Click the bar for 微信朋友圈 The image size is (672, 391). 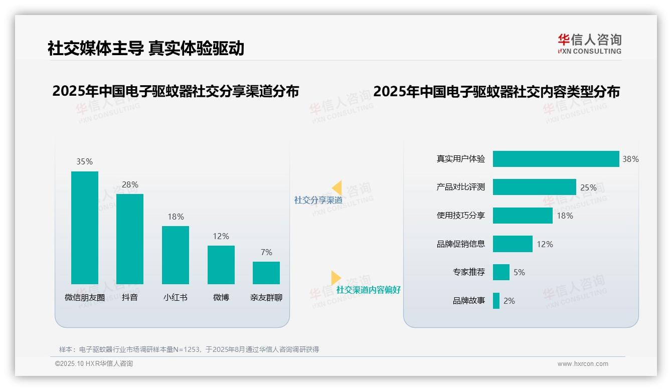(85, 228)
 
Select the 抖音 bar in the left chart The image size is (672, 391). (130, 239)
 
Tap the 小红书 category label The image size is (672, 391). (175, 297)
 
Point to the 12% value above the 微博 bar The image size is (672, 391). (221, 236)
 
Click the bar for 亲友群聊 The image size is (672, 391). (266, 273)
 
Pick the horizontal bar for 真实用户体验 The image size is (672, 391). (556, 159)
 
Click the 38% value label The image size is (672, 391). (630, 159)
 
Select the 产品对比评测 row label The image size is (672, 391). (460, 187)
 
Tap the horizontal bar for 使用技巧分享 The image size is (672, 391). (523, 216)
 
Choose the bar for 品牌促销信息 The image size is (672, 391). (513, 244)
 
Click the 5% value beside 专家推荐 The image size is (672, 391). (519, 272)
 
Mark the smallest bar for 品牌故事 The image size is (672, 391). (496, 301)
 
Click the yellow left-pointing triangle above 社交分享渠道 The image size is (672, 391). (337, 188)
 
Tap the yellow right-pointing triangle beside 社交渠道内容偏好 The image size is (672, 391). (335, 278)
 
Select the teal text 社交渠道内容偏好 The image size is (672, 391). (368, 290)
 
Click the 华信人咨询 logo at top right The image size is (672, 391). (589, 44)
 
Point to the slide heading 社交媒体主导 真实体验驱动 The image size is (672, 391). (146, 48)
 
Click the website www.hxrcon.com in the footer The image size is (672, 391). (582, 364)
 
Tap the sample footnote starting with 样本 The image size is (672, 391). (189, 349)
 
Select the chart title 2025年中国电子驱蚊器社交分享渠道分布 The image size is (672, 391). (176, 91)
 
